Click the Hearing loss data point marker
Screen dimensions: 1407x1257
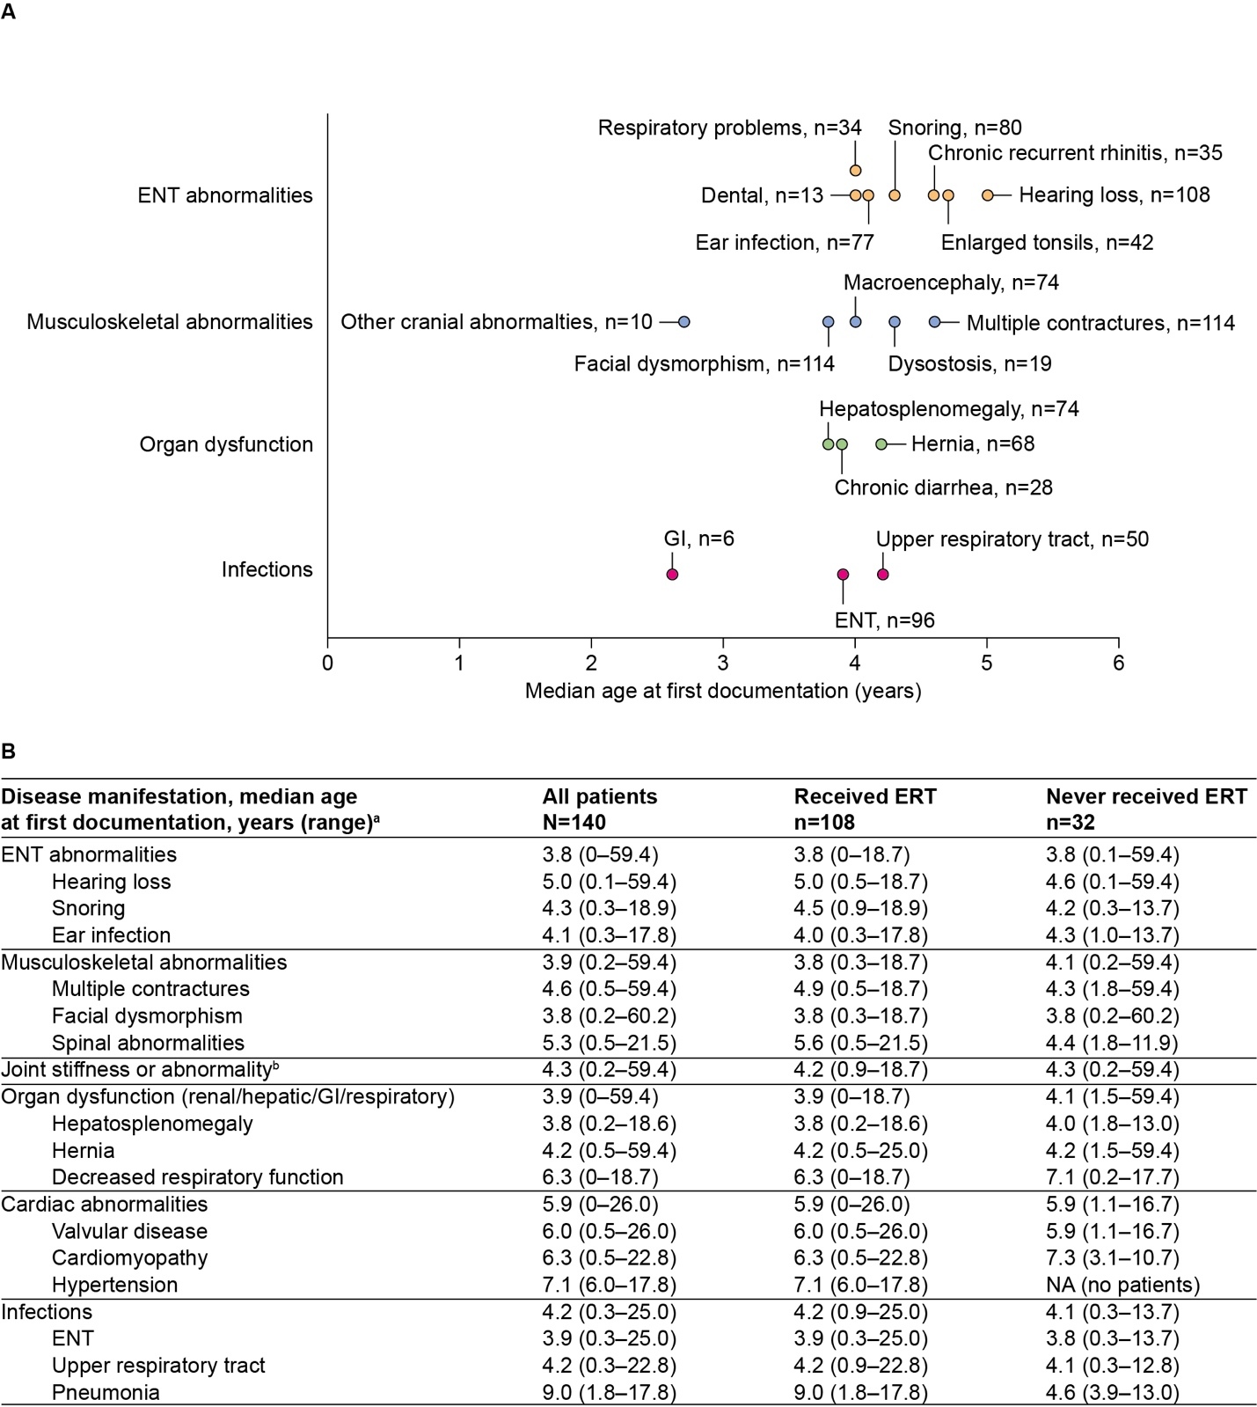click(x=987, y=195)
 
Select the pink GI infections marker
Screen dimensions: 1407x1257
click(x=672, y=575)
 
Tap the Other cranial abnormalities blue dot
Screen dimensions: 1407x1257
click(x=684, y=322)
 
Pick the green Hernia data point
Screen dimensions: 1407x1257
click(x=881, y=444)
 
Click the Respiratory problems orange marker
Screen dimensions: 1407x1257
click(x=855, y=170)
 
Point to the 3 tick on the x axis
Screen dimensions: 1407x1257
click(x=723, y=663)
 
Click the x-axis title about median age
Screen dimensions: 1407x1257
click(x=723, y=691)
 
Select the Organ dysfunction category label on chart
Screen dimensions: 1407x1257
click(x=226, y=444)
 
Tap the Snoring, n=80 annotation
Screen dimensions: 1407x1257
click(x=954, y=128)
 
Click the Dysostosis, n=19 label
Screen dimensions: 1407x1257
click(x=969, y=363)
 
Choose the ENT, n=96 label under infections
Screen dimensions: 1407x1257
click(x=884, y=620)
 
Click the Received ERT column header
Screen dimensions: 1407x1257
click(x=865, y=809)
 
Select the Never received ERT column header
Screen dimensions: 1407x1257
click(x=1145, y=809)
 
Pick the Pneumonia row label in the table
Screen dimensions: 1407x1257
click(x=106, y=1392)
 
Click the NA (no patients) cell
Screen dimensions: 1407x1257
click(x=1122, y=1285)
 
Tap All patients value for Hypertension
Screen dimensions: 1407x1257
click(x=609, y=1285)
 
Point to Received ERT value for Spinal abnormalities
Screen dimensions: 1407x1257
click(x=860, y=1043)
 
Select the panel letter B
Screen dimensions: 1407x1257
click(x=9, y=751)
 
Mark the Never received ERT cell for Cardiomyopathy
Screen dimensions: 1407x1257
click(x=1112, y=1257)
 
